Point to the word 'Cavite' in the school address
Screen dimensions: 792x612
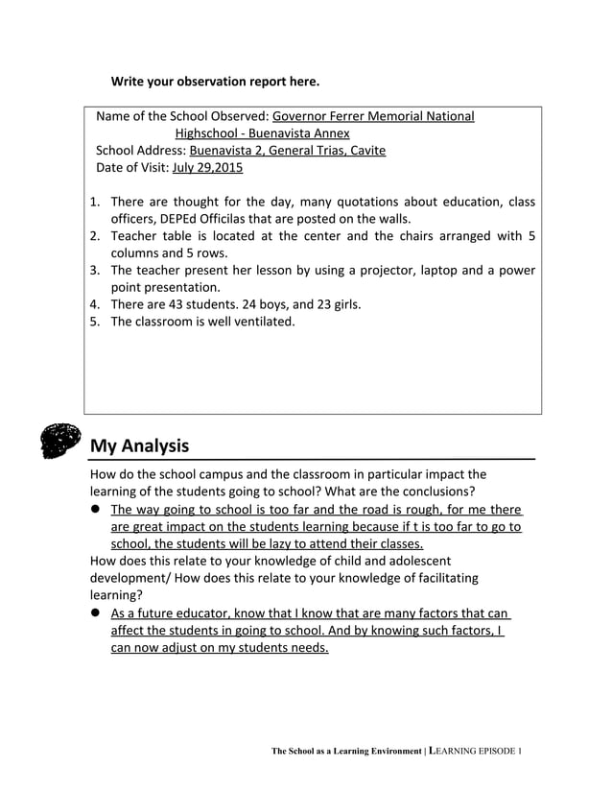point(364,151)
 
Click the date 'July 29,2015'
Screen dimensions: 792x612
point(207,168)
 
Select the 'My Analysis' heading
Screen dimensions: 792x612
point(139,446)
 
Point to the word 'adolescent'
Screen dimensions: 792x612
point(411,561)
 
